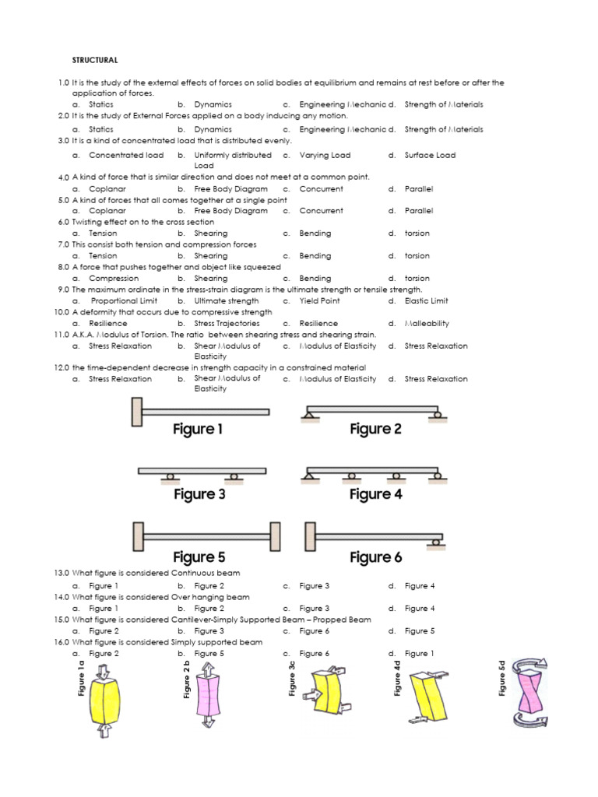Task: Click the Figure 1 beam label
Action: [x=198, y=429]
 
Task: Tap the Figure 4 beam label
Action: [x=375, y=494]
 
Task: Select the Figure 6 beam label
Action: [x=375, y=557]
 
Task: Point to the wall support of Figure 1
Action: [x=137, y=411]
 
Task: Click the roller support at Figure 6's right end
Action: [x=439, y=540]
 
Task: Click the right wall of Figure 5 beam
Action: [x=274, y=537]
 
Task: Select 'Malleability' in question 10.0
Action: [x=427, y=323]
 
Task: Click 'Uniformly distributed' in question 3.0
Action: [x=233, y=155]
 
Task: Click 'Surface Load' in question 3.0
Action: [x=430, y=155]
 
